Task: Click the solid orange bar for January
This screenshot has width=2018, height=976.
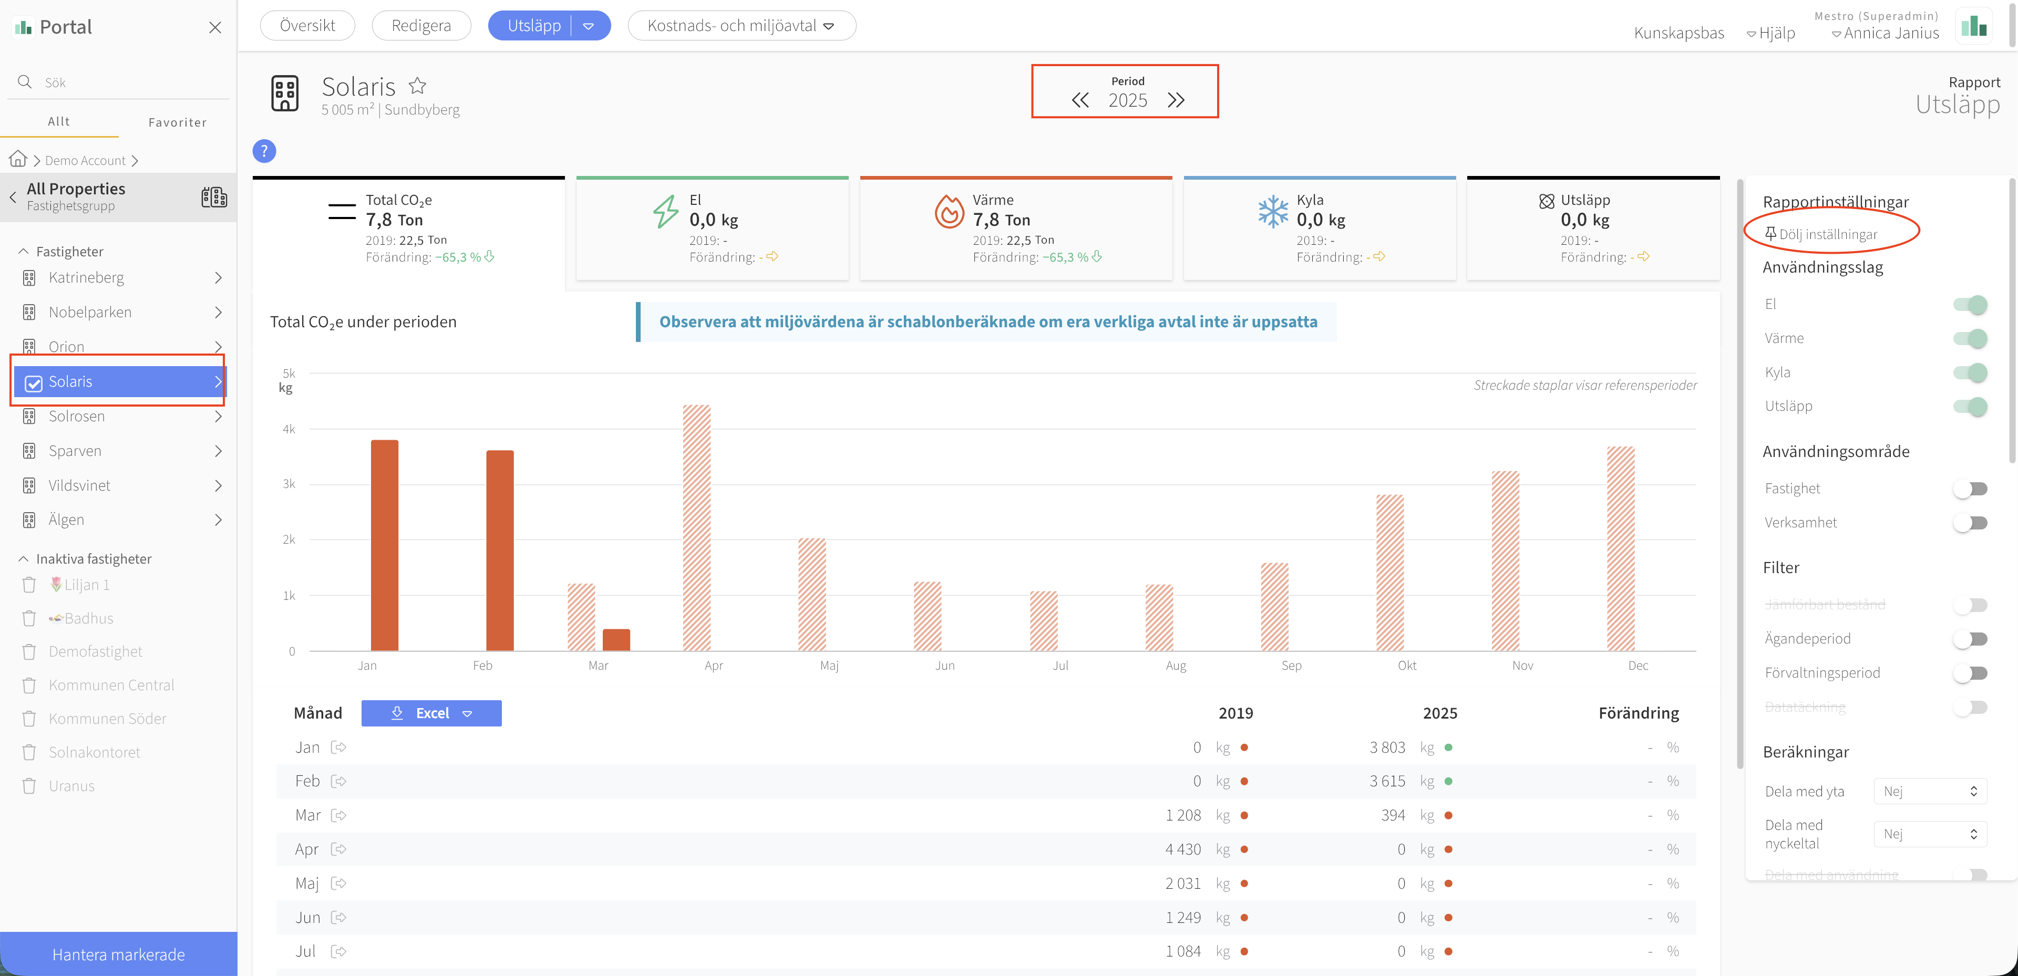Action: pos(385,545)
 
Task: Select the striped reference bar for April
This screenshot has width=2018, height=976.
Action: pos(696,528)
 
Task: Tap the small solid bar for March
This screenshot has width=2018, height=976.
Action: pos(616,640)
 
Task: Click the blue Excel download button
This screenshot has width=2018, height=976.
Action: pos(431,713)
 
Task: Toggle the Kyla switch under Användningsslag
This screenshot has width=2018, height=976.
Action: pos(1970,372)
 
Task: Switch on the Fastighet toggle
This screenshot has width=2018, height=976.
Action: pos(1970,489)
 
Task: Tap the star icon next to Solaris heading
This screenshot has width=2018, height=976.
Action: pos(418,86)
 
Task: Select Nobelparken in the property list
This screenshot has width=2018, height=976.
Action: pos(90,312)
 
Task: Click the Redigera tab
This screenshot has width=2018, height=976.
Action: pos(421,25)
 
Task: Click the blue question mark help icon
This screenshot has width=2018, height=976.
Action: pos(264,151)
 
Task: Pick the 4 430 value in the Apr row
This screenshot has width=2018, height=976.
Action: pos(1183,849)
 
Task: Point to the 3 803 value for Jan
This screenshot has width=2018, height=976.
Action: pos(1387,747)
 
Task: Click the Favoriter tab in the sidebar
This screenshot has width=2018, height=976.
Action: pos(178,122)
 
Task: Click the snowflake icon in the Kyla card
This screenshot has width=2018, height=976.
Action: pos(1273,212)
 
